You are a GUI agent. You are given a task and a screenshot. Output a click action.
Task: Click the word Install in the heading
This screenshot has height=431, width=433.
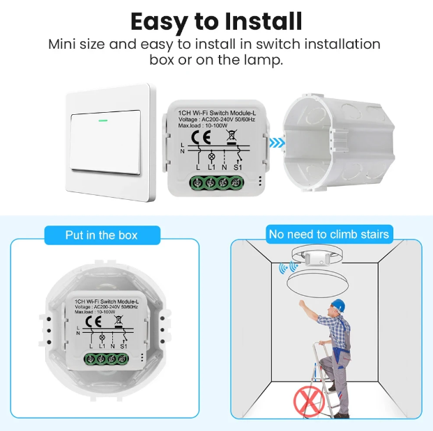[264, 22]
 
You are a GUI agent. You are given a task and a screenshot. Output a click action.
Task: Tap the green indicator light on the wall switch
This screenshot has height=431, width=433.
[103, 120]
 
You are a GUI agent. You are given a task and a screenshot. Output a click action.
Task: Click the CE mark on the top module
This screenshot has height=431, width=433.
[201, 137]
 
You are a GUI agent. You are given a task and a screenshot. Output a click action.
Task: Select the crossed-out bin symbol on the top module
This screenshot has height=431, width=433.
[231, 137]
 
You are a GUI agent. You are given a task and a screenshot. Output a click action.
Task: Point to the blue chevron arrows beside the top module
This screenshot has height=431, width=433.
[277, 143]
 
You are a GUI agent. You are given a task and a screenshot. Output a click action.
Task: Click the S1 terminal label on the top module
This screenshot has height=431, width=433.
[238, 167]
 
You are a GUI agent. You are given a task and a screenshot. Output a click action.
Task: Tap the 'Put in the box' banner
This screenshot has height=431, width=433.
[102, 235]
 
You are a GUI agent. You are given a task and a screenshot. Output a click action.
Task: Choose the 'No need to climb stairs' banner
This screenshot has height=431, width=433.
[329, 235]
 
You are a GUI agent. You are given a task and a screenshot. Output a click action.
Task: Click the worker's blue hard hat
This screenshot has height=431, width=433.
[338, 305]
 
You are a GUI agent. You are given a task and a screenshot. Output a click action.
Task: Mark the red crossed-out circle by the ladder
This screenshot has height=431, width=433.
[309, 400]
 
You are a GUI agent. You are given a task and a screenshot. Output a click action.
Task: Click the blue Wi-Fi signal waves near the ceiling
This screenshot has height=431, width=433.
[288, 267]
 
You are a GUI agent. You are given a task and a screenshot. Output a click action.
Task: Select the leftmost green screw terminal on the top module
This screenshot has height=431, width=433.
[197, 182]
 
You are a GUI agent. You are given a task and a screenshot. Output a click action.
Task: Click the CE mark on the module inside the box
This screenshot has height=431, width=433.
[93, 321]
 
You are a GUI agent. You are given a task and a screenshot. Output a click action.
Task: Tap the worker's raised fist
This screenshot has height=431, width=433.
[302, 303]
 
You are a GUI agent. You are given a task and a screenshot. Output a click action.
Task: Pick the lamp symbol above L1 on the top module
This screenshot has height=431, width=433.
[211, 157]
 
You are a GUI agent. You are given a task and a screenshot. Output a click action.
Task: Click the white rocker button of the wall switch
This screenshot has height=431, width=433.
[105, 142]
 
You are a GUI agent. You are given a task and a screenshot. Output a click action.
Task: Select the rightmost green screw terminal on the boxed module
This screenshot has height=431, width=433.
[122, 359]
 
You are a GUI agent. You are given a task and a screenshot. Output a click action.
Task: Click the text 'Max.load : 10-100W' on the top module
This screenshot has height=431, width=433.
[199, 126]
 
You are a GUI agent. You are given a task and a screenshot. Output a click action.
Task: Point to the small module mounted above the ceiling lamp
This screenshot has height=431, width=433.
[317, 258]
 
